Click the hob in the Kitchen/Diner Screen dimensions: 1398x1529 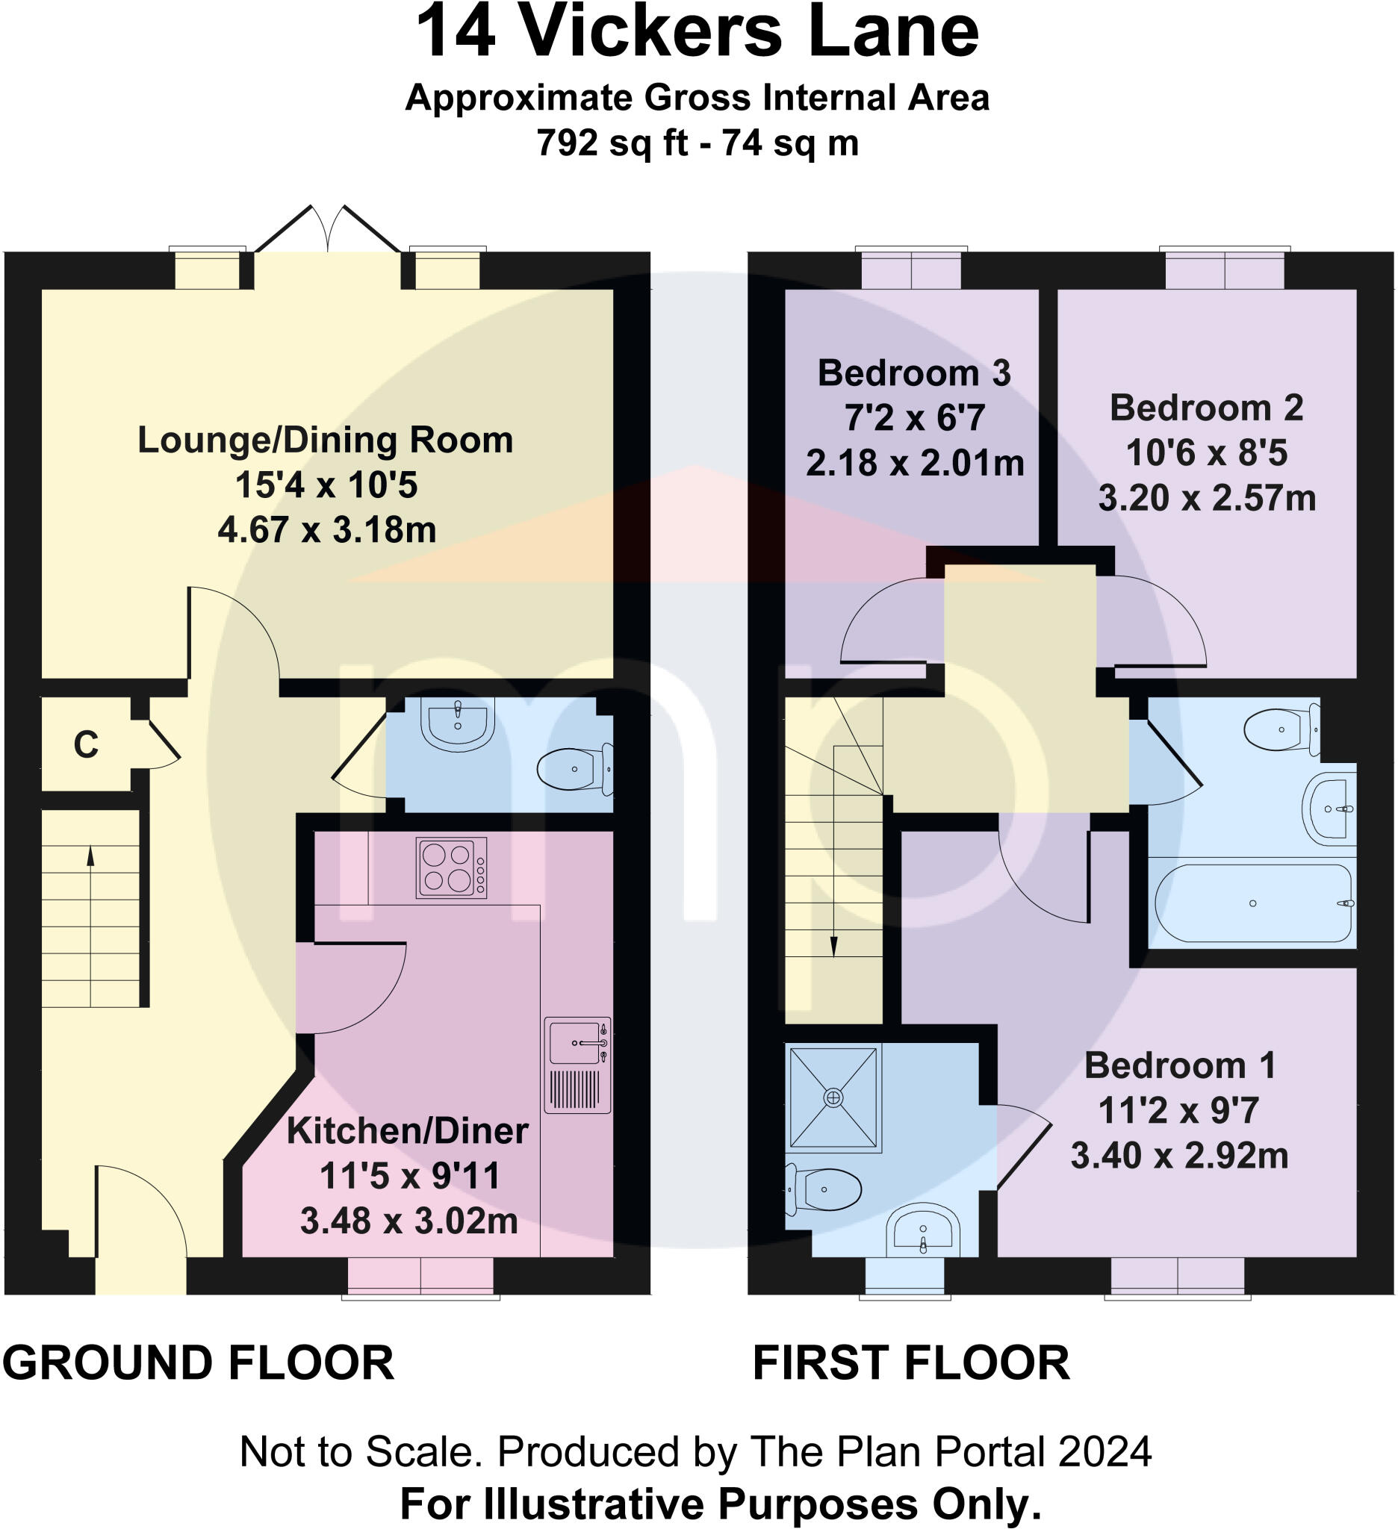pos(451,867)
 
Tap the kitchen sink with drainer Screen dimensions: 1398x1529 pos(577,1064)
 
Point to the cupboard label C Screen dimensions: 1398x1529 pos(86,745)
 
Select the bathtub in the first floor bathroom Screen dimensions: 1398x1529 pos(1252,903)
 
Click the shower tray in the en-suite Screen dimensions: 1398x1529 pos(833,1097)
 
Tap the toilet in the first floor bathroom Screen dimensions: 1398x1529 pos(1282,729)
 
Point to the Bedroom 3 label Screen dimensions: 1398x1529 pos(914,373)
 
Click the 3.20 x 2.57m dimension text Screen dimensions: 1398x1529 pos(1207,498)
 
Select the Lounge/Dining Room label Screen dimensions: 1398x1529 pos(326,440)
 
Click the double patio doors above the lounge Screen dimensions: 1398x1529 pos(328,229)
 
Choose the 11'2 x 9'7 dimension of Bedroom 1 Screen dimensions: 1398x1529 pos(1178,1110)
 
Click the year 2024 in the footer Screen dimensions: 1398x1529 pos(1105,1451)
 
